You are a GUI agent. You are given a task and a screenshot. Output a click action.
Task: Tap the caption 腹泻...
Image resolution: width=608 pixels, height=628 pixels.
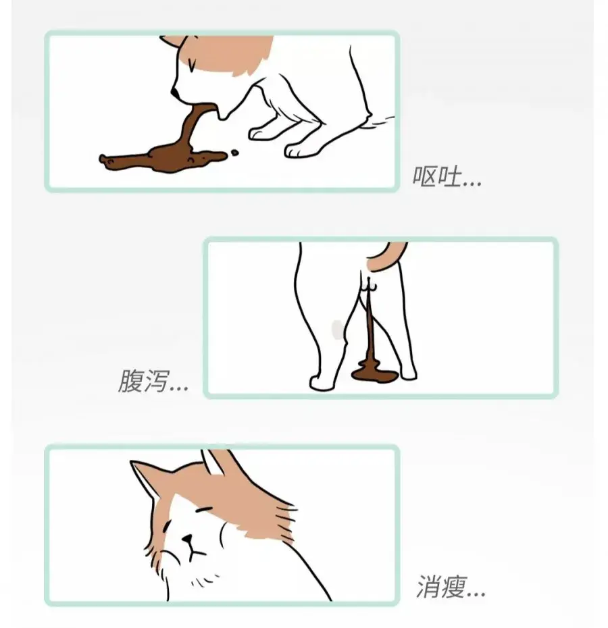tap(152, 382)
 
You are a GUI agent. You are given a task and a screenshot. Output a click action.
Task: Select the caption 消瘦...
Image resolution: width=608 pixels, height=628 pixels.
tap(450, 587)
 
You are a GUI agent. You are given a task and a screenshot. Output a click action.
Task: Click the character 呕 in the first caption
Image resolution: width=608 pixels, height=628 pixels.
tap(425, 177)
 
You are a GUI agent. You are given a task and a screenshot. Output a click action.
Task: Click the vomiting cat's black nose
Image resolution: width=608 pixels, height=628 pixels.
tap(174, 92)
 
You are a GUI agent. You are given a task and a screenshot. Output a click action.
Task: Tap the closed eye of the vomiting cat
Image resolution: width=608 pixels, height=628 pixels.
tap(193, 66)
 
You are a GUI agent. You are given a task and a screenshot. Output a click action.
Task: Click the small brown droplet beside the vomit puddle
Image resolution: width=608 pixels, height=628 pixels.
tap(234, 153)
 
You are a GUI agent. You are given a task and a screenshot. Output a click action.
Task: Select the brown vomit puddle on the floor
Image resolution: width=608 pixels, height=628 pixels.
tap(162, 159)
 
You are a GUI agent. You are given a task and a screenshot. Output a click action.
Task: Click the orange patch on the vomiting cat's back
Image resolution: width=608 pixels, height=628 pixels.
tap(236, 51)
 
